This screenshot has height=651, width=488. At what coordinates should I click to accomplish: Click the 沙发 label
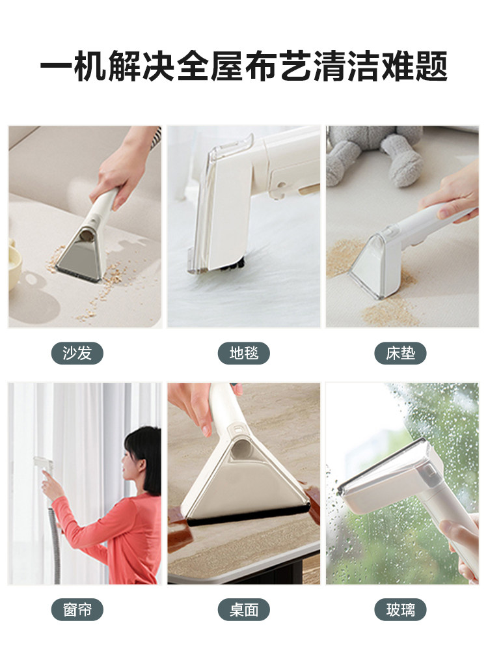coord(77,353)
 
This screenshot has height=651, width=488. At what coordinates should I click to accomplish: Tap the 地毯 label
coord(244,353)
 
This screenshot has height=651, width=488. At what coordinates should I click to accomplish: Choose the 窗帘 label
coord(77,610)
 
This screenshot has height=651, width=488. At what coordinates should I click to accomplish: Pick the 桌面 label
coord(244,610)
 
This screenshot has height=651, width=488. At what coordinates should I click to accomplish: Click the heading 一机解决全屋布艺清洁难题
coord(244,68)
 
